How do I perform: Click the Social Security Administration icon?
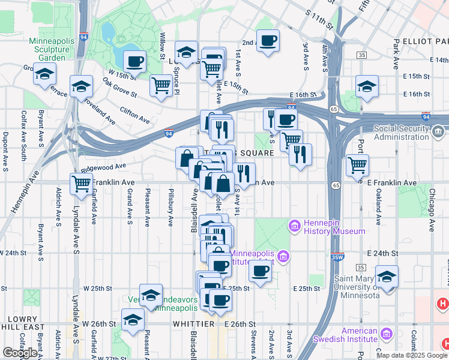(437, 130)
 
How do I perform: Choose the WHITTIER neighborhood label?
(194, 324)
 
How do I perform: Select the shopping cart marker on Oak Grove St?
(161, 86)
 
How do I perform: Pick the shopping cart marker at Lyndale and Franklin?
(80, 183)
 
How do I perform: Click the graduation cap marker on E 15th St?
(367, 86)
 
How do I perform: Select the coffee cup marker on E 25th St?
(260, 271)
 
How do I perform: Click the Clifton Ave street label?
(134, 112)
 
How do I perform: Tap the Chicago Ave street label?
(431, 210)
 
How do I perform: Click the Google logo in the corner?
(20, 353)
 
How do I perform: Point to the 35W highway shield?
(340, 257)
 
